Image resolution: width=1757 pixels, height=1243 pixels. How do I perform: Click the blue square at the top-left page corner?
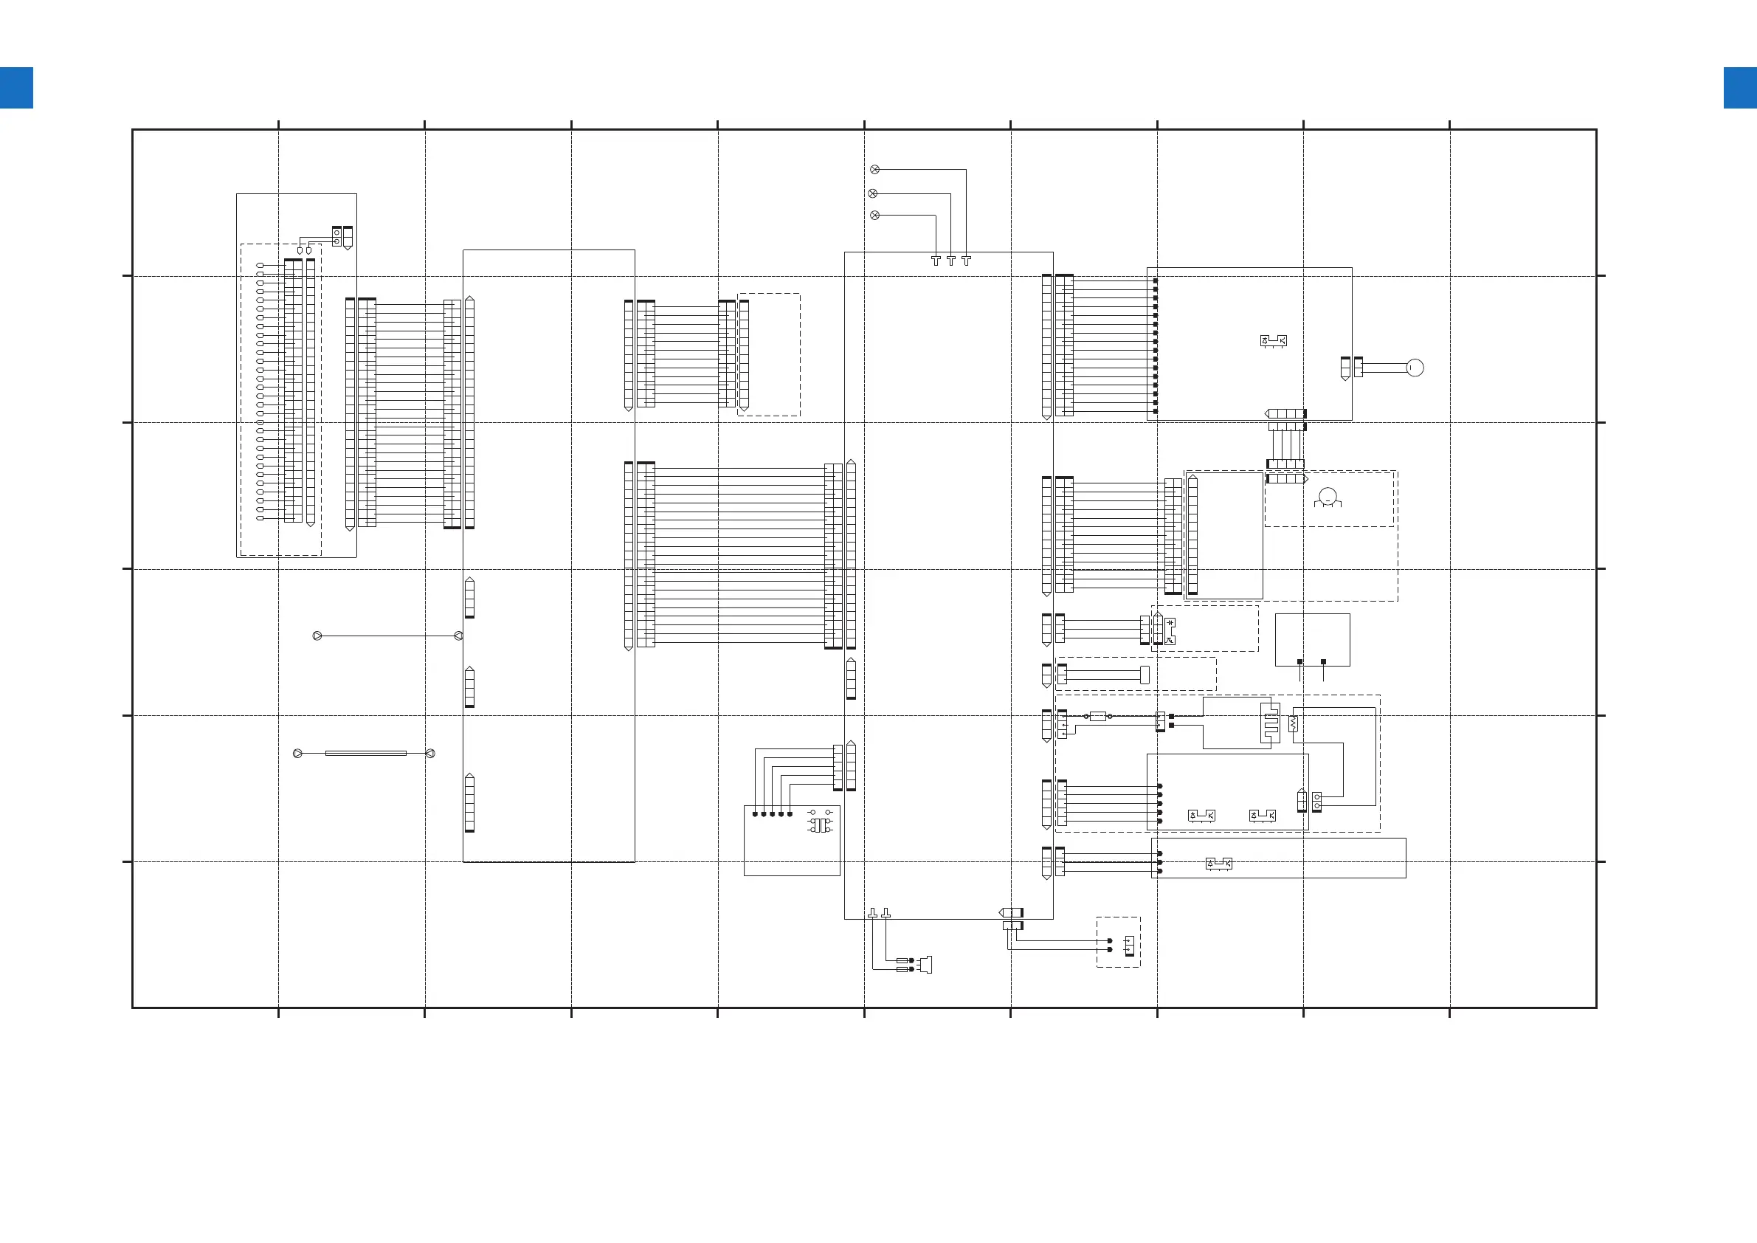click(16, 88)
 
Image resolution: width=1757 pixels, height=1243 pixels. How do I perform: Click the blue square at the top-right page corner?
click(1739, 88)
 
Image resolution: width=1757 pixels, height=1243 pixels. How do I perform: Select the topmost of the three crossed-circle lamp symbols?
click(875, 169)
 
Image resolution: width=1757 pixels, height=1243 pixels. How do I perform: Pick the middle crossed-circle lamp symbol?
click(873, 193)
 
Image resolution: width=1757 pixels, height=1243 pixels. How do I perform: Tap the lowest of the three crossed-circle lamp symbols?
click(875, 215)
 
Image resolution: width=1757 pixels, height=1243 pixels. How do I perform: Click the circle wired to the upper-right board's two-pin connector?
click(1415, 368)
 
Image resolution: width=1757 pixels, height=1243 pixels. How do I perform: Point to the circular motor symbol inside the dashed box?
click(1328, 496)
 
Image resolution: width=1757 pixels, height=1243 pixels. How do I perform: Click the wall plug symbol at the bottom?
click(926, 965)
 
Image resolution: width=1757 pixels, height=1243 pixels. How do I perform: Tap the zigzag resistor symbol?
click(1294, 723)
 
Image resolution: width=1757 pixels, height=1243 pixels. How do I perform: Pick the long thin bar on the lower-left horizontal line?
click(366, 753)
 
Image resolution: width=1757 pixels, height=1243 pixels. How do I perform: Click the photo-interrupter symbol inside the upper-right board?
click(1274, 340)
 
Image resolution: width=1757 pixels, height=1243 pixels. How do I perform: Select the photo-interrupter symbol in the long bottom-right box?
click(1218, 864)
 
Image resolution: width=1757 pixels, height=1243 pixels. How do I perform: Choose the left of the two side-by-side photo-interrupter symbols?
click(1201, 815)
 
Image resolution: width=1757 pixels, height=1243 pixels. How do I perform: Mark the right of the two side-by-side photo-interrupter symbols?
click(1262, 815)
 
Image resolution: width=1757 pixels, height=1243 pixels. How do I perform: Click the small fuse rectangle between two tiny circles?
click(1097, 717)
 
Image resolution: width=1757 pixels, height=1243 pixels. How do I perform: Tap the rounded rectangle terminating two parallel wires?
click(1145, 675)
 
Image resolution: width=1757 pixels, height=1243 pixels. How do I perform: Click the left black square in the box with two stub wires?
click(1299, 661)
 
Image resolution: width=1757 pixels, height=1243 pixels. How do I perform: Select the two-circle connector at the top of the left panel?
click(336, 236)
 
